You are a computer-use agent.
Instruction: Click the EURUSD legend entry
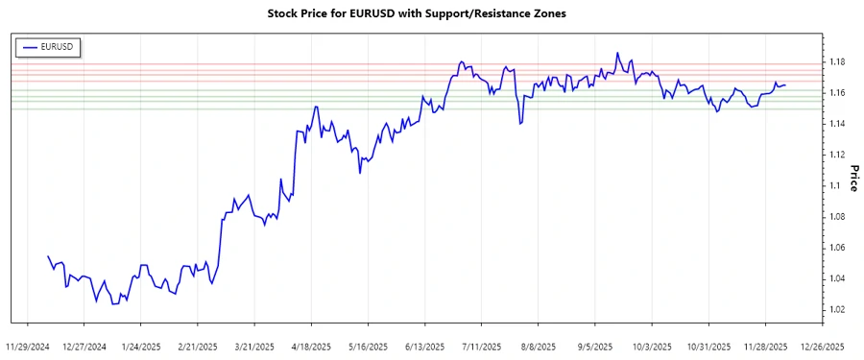click(x=51, y=46)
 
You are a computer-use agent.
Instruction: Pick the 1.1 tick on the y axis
click(x=835, y=185)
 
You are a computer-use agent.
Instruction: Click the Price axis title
click(x=852, y=179)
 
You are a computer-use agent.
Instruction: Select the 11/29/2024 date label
click(x=27, y=346)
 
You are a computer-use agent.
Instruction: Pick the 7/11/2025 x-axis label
click(x=481, y=346)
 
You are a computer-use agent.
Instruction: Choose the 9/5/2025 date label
click(x=594, y=346)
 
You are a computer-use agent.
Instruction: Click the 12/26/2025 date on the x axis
click(x=822, y=346)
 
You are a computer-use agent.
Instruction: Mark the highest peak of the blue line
click(x=618, y=53)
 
